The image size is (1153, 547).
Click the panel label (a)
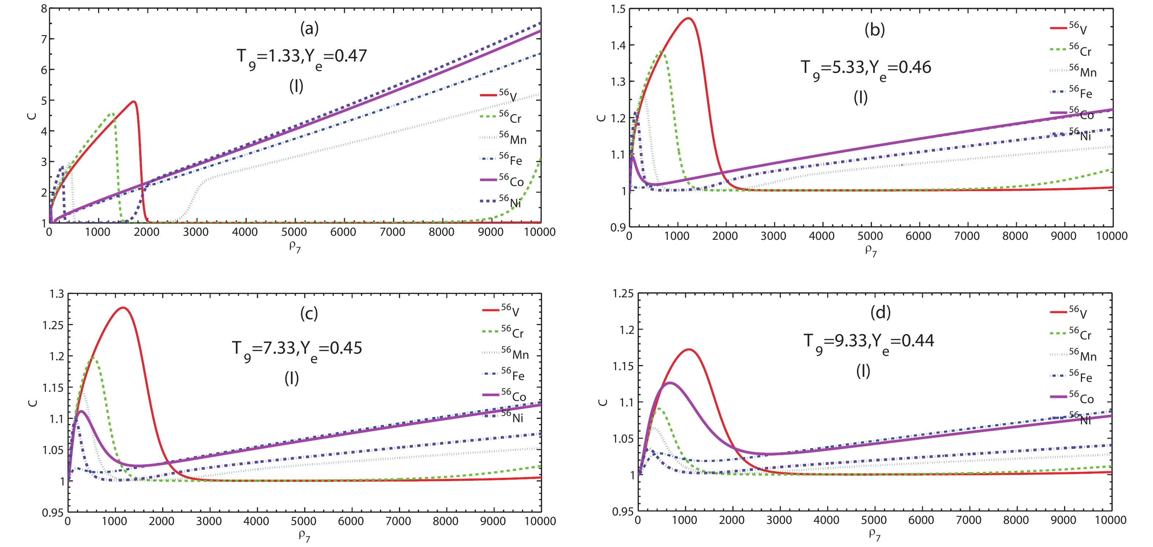coord(309,28)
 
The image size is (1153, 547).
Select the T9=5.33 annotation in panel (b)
coord(866,68)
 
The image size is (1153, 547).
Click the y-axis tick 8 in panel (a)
coord(44,8)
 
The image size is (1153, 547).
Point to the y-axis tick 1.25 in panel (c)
coord(53,325)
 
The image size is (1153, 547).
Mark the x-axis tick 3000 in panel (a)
coord(195,232)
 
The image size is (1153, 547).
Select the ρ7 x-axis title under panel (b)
coord(870,250)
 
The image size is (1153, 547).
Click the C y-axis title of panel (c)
coord(33,403)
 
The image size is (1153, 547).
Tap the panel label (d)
coord(880,312)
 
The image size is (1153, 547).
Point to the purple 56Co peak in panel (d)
coord(670,383)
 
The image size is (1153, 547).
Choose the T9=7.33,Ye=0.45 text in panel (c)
coord(297,349)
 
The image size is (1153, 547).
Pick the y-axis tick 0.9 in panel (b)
coord(618,227)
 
